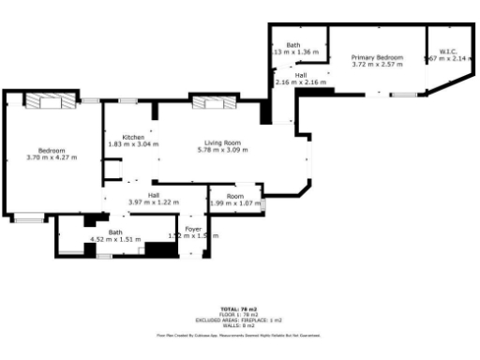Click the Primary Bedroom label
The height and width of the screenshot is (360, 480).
[x=377, y=57]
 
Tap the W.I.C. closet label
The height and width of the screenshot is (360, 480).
[x=445, y=52]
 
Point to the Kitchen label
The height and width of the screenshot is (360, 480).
[x=133, y=137]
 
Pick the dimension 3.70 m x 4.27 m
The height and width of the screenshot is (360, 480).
[x=51, y=157]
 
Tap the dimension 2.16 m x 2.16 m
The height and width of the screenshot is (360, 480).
[x=300, y=82]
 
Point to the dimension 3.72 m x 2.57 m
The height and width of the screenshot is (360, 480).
[x=377, y=65]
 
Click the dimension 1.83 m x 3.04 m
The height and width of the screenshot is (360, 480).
[x=133, y=144]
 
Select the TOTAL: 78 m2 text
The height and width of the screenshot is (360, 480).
[x=239, y=308]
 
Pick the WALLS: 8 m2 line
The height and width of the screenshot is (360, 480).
[x=239, y=325]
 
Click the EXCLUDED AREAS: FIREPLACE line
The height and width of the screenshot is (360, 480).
[x=239, y=320]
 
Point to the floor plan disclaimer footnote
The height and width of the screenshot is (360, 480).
[x=239, y=334]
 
